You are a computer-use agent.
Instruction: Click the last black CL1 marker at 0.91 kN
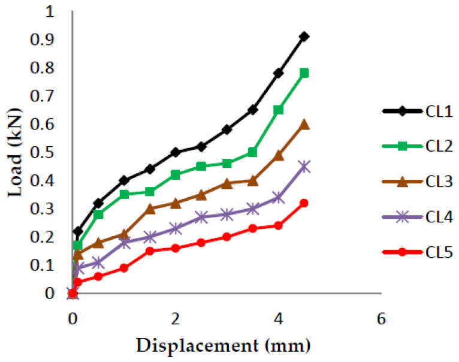304,37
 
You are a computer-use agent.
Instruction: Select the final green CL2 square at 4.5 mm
304,73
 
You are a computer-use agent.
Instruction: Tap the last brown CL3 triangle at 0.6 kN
304,124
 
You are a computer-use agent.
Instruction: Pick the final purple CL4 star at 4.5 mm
304,167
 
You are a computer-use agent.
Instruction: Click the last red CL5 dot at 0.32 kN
304,203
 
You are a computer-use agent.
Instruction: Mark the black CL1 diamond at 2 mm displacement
175,152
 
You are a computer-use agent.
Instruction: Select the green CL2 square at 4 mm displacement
278,110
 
